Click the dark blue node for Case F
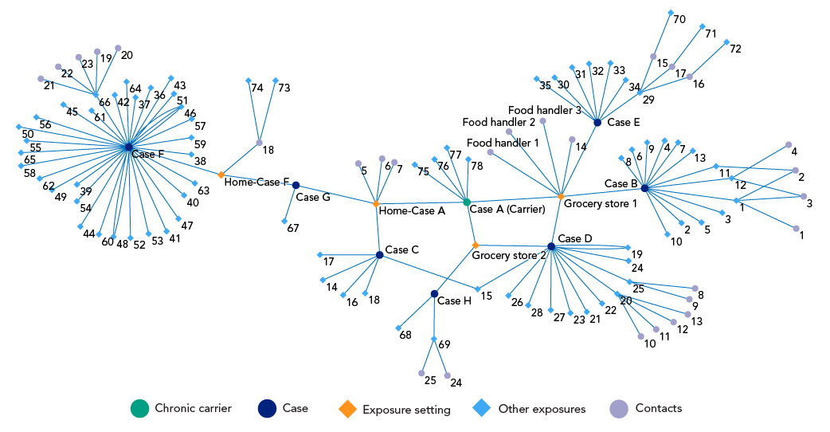point(128,147)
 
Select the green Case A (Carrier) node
point(467,202)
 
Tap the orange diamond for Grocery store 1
point(561,196)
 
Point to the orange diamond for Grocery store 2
point(476,245)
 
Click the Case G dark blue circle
point(296,185)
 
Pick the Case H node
point(434,294)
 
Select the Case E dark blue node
point(597,122)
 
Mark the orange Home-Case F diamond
point(221,174)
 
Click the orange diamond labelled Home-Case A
point(376,204)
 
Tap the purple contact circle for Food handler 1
point(490,151)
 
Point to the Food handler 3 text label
point(545,110)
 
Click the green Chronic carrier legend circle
point(139,409)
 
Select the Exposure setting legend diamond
point(347,409)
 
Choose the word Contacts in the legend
point(658,408)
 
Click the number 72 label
point(735,49)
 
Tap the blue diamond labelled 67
point(284,221)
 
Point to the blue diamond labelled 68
point(398,328)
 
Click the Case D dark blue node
point(551,246)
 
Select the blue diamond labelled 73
point(275,81)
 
